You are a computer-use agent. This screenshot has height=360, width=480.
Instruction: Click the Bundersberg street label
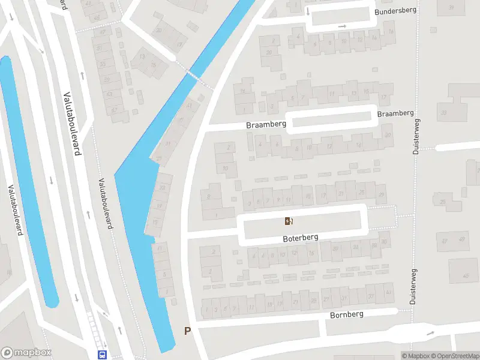[395, 11]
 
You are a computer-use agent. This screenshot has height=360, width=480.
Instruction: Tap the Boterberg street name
[301, 238]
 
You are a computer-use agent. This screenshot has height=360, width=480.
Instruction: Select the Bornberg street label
[347, 314]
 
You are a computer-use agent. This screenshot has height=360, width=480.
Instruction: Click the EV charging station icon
[289, 221]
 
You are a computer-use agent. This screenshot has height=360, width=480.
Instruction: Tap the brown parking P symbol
[187, 331]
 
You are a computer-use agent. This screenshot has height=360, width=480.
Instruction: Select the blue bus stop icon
[102, 355]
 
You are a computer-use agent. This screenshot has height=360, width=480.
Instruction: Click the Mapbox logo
[26, 353]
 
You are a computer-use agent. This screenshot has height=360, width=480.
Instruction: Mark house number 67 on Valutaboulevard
[114, 110]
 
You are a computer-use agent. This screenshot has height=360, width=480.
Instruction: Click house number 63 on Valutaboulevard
[110, 94]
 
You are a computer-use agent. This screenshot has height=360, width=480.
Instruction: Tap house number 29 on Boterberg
[382, 196]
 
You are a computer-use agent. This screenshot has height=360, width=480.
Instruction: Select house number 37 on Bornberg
[371, 296]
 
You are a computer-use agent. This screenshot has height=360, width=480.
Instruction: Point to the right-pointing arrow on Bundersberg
[343, 26]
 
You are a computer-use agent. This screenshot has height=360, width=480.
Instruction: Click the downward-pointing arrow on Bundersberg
[308, 11]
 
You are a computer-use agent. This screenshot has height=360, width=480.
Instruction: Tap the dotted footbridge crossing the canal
[199, 80]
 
